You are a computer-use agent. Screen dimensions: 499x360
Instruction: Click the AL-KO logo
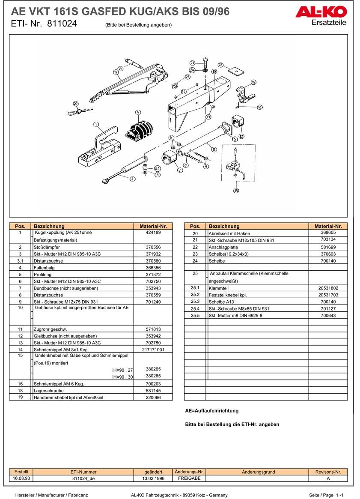coord(321,12)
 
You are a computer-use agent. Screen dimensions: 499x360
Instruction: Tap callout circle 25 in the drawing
coord(236,190)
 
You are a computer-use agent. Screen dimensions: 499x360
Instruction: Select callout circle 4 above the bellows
coord(138,113)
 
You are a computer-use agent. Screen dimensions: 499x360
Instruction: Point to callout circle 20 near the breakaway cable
coord(75,104)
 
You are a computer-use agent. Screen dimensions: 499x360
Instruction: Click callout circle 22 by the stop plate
coord(220,65)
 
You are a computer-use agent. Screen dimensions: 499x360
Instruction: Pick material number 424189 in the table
coord(153,233)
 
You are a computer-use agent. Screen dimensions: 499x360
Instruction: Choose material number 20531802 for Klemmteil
coord(328,288)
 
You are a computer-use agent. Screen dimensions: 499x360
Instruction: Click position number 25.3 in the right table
coord(195,302)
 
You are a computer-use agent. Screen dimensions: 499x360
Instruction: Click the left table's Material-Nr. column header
coord(153,226)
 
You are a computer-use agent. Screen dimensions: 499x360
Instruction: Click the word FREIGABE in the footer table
coord(189,478)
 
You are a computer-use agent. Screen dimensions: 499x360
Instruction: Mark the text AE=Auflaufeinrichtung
coord(211,411)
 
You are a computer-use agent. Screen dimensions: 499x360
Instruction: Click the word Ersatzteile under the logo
coord(329,23)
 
